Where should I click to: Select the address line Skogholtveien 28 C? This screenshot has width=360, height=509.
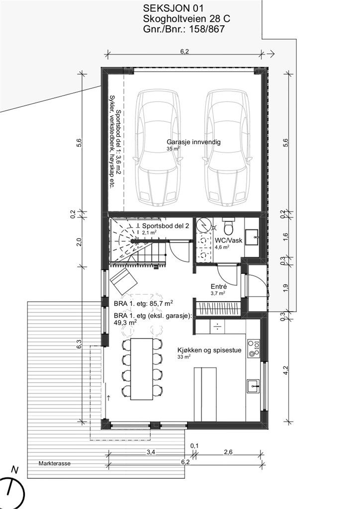[186, 19]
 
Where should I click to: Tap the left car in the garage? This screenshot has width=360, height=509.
[158, 148]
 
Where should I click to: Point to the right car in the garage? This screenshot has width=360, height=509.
[227, 148]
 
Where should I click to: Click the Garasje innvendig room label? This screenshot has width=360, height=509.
[193, 142]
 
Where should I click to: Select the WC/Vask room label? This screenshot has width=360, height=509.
[228, 240]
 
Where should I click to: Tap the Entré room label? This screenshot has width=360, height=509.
[219, 286]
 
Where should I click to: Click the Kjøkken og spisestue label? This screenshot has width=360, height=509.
[209, 350]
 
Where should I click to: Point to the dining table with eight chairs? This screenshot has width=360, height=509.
[142, 368]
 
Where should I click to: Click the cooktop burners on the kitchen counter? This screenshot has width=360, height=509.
[254, 348]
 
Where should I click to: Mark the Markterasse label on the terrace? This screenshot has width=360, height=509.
[55, 463]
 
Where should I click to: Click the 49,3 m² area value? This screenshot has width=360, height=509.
[125, 322]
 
